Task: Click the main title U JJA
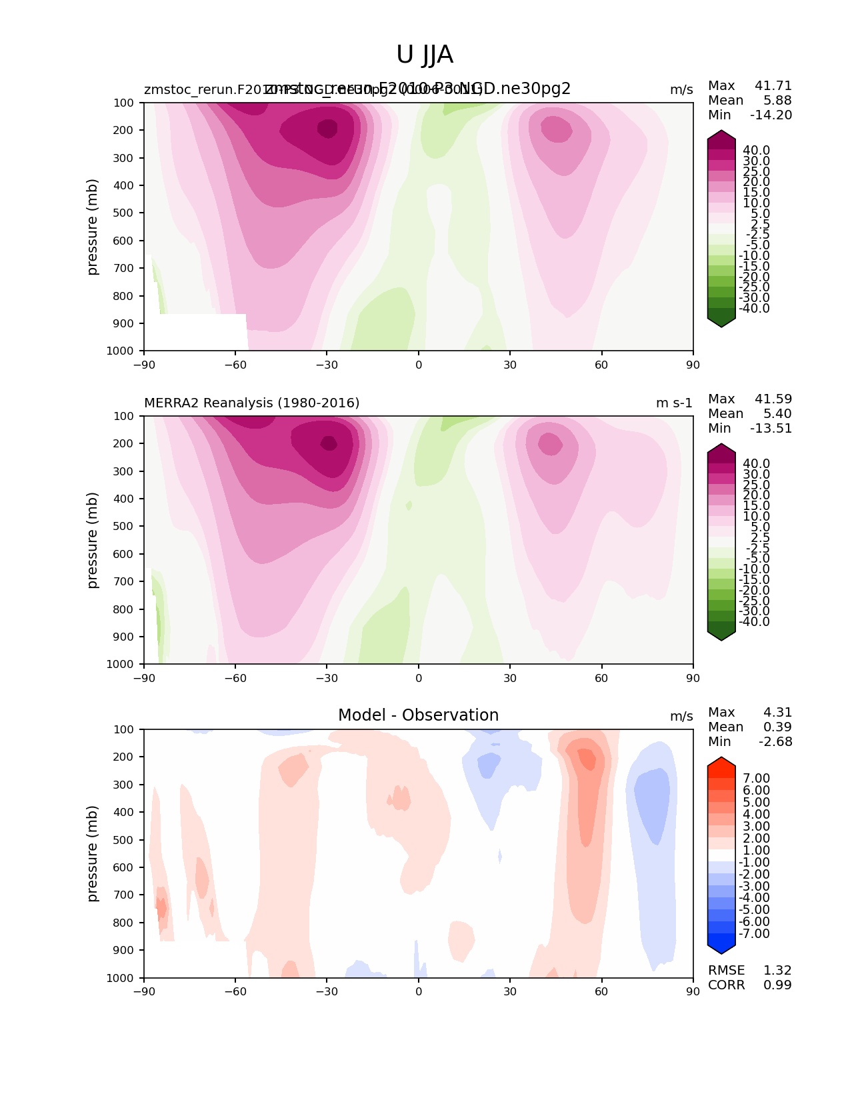click(425, 55)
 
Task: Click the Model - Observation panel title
click(418, 715)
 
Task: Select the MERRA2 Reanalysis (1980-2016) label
click(251, 403)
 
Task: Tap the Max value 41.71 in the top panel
click(773, 86)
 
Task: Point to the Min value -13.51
click(771, 429)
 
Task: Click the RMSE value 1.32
click(777, 971)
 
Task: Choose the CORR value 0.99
click(777, 985)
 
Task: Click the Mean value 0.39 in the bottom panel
click(777, 727)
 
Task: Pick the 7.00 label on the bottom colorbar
click(756, 779)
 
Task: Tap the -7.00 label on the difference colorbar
click(755, 934)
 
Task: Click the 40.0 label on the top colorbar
click(756, 151)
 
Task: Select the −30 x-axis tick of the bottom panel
click(327, 992)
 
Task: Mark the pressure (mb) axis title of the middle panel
click(93, 540)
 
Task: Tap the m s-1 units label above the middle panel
click(674, 403)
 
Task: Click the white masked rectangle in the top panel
click(195, 331)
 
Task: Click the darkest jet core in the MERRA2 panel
click(329, 443)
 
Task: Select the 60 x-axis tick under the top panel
click(601, 365)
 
